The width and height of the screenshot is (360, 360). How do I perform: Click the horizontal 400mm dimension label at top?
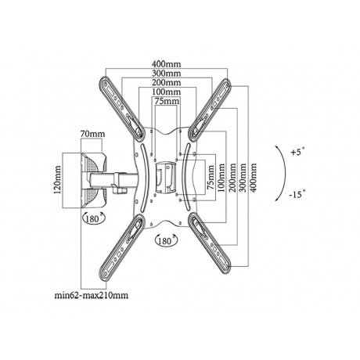(x=167, y=64)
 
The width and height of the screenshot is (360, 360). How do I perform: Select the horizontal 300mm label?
(x=167, y=74)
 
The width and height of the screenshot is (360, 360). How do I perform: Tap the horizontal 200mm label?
(x=167, y=83)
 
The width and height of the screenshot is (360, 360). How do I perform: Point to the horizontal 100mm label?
(x=167, y=92)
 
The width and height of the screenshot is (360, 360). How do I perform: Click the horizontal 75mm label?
(x=167, y=101)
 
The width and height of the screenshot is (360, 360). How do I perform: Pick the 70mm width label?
(x=92, y=134)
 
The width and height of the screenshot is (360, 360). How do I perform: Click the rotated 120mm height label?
(x=57, y=180)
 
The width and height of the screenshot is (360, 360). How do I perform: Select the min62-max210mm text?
(x=92, y=296)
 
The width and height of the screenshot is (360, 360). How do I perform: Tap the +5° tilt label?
(x=297, y=152)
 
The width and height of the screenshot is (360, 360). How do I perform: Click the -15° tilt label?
(x=297, y=194)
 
